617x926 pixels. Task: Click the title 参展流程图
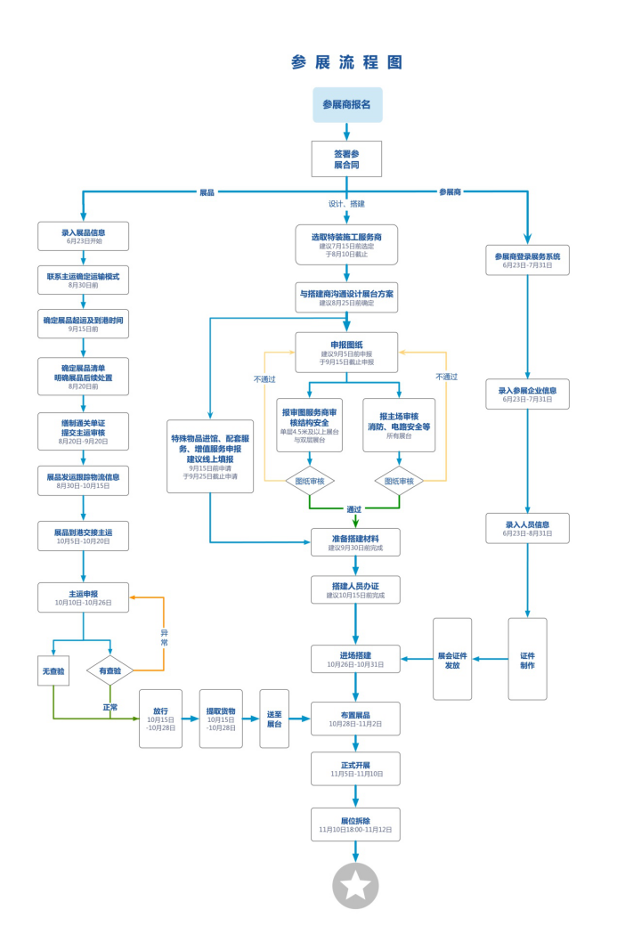[346, 62]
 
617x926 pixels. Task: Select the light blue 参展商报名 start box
[347, 104]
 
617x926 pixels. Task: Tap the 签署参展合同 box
[346, 158]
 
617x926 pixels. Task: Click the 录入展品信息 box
[84, 236]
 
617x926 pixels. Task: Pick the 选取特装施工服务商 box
[346, 245]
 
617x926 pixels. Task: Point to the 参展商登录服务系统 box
[527, 260]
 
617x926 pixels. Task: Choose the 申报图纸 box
[346, 353]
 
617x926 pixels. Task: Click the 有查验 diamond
[110, 670]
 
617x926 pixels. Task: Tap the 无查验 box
[53, 670]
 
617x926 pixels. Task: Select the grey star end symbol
[355, 885]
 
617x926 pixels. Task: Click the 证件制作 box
[527, 659]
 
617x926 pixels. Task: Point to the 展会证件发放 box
[452, 659]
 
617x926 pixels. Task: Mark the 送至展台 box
[274, 719]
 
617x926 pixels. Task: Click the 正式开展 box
[355, 769]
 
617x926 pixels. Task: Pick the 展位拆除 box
[355, 824]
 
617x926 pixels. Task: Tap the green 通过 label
[354, 509]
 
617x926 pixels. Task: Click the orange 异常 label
[164, 638]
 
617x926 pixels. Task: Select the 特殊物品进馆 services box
[210, 457]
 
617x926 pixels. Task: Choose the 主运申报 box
[84, 597]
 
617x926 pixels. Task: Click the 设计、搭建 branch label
[346, 204]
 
